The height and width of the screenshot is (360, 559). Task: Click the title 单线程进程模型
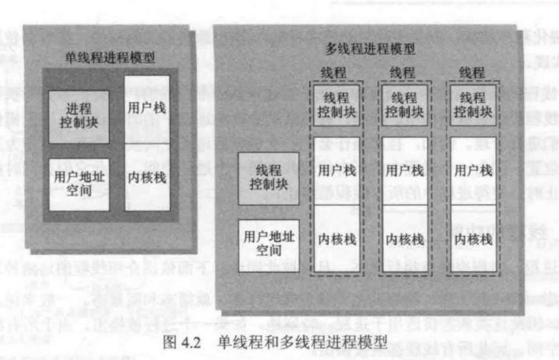tap(110, 57)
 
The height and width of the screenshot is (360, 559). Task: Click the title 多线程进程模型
tap(370, 49)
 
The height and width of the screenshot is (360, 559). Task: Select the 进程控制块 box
tap(79, 117)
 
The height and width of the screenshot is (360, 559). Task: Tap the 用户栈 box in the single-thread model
tap(146, 108)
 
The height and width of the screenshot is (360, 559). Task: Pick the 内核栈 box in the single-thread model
tap(146, 177)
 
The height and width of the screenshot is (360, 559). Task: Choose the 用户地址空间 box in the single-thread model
tap(79, 184)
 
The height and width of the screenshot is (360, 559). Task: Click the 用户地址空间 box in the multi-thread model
tap(269, 245)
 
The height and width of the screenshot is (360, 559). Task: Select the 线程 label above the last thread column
tap(472, 72)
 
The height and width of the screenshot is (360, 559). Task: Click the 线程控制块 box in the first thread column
tap(337, 105)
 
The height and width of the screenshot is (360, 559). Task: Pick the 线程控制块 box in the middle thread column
tap(404, 105)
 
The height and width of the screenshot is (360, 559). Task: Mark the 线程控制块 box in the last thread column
tap(473, 105)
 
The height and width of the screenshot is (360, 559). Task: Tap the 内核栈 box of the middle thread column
tap(404, 239)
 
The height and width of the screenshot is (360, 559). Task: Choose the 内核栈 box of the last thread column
tap(473, 239)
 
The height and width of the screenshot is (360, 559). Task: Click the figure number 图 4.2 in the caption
tap(184, 343)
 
